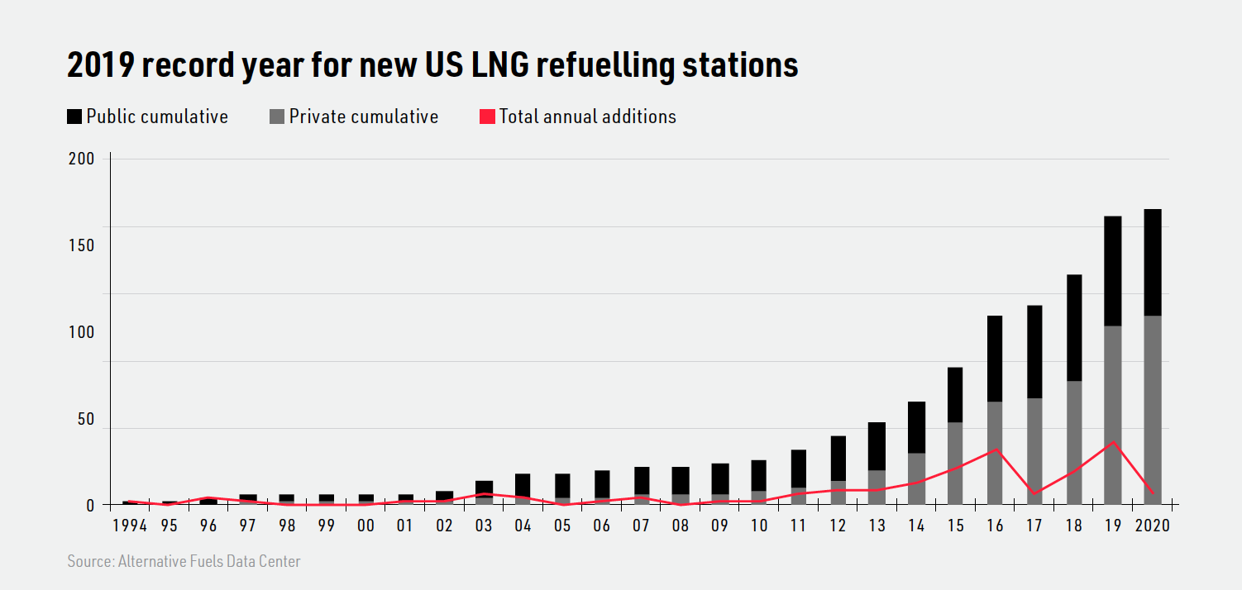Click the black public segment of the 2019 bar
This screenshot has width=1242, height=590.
point(1113,271)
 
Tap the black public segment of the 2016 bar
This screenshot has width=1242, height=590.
point(995,359)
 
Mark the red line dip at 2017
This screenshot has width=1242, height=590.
point(1034,493)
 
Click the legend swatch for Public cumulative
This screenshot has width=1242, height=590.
point(74,117)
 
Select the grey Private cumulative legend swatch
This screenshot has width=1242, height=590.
point(277,117)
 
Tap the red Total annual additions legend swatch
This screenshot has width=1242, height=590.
point(487,117)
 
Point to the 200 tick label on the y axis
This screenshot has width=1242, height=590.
point(81,159)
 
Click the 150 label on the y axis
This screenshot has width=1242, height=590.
point(81,245)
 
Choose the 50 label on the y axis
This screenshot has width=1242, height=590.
point(85,420)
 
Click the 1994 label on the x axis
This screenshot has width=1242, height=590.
point(129,526)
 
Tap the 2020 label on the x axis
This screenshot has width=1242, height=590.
point(1153,526)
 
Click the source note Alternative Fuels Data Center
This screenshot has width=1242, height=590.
point(184,562)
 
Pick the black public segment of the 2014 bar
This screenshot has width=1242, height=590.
point(916,427)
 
